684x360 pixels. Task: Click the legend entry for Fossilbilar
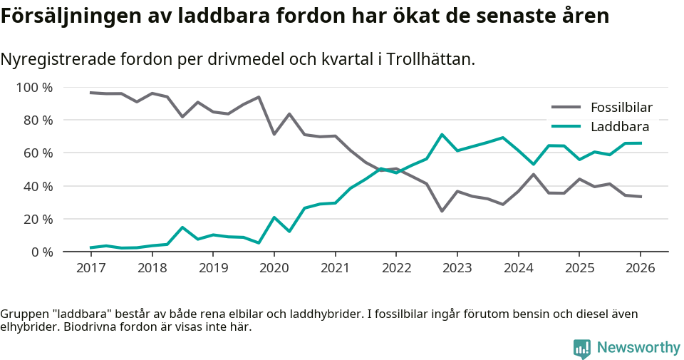coord(621,108)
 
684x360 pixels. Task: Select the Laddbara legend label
coord(619,127)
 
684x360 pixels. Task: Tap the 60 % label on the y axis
coord(38,153)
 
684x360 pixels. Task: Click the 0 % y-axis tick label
coord(42,252)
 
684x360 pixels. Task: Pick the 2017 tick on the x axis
coord(90,267)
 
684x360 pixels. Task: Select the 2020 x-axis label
coord(274,267)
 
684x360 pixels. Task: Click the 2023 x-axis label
coord(457,267)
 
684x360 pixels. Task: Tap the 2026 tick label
coord(640,267)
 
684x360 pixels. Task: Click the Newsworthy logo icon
coord(582,348)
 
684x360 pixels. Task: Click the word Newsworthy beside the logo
coord(638,348)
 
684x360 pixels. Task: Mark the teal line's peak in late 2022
coord(442,135)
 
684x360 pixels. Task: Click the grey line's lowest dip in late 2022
coord(442,211)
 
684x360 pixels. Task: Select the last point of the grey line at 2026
coord(641,197)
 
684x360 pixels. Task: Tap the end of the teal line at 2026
coord(641,143)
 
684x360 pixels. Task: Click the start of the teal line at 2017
coord(90,247)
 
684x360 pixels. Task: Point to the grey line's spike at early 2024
coord(533,174)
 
